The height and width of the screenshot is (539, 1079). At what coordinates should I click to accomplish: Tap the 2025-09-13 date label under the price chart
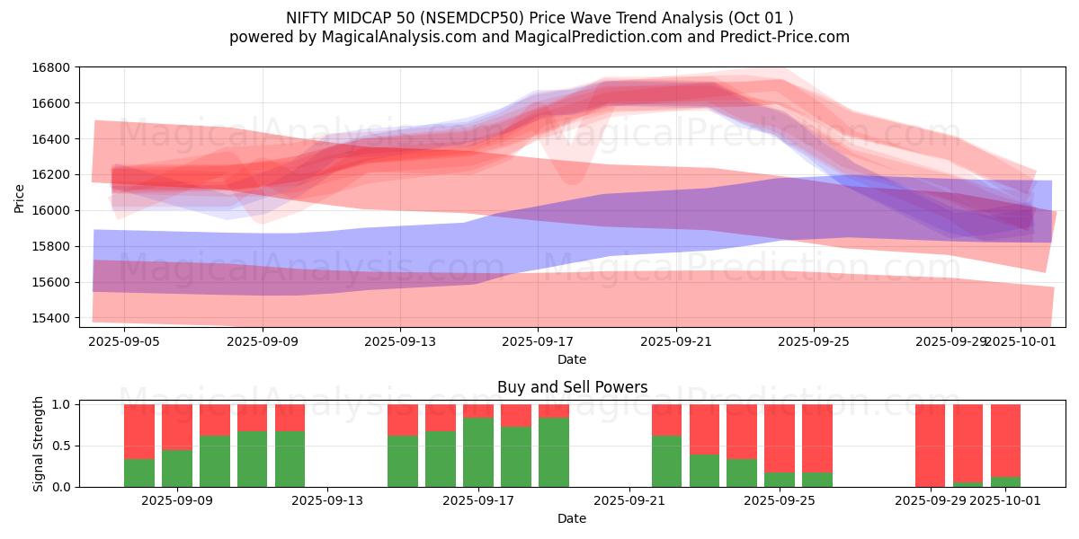click(400, 341)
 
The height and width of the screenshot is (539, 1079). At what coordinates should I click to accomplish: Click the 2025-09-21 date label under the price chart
click(675, 341)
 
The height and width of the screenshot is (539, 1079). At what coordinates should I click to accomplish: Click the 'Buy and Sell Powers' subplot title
click(572, 388)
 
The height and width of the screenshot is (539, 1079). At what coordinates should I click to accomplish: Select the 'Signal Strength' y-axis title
click(38, 445)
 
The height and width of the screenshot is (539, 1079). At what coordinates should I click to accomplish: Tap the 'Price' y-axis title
click(20, 198)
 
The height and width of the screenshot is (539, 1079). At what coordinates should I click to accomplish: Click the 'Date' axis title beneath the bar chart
click(572, 518)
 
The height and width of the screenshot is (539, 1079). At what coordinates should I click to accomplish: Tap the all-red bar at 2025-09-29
click(930, 445)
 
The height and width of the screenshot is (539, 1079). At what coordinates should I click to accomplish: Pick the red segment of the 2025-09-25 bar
click(780, 437)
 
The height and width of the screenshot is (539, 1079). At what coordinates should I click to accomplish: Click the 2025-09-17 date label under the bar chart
click(478, 500)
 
